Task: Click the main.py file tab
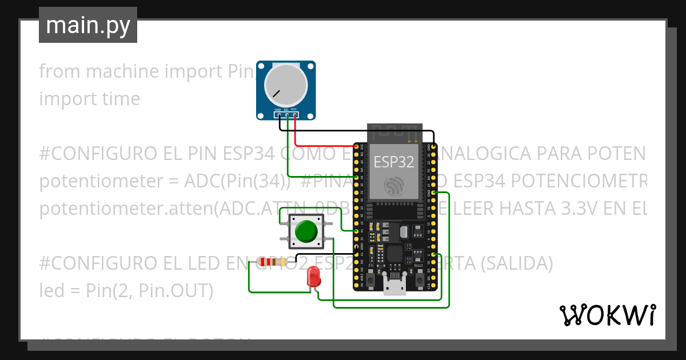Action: click(87, 25)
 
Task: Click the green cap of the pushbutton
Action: click(306, 231)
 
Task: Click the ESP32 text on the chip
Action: click(394, 162)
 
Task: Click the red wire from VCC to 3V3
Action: click(320, 146)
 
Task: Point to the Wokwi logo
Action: click(607, 315)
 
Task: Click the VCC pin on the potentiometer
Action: click(295, 115)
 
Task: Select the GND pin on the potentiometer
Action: click(278, 115)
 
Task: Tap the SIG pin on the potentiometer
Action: click(286, 115)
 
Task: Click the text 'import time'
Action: click(90, 99)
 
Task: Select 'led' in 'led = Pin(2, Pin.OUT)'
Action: click(50, 290)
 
